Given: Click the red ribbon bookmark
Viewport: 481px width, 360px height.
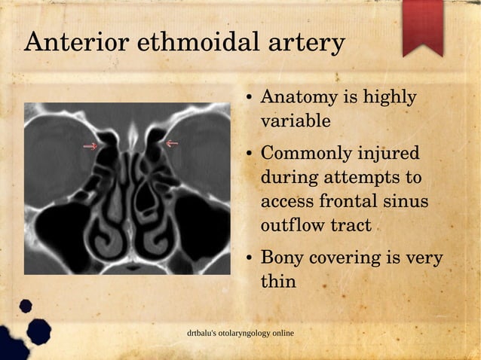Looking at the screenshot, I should click(x=423, y=26).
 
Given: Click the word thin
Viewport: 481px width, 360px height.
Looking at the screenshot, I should click(x=278, y=282).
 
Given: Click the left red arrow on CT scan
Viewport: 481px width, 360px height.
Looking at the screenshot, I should click(x=90, y=145).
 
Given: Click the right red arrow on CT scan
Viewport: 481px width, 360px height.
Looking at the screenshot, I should click(x=172, y=143).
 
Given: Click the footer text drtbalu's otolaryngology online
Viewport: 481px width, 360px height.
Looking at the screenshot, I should click(x=240, y=332).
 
